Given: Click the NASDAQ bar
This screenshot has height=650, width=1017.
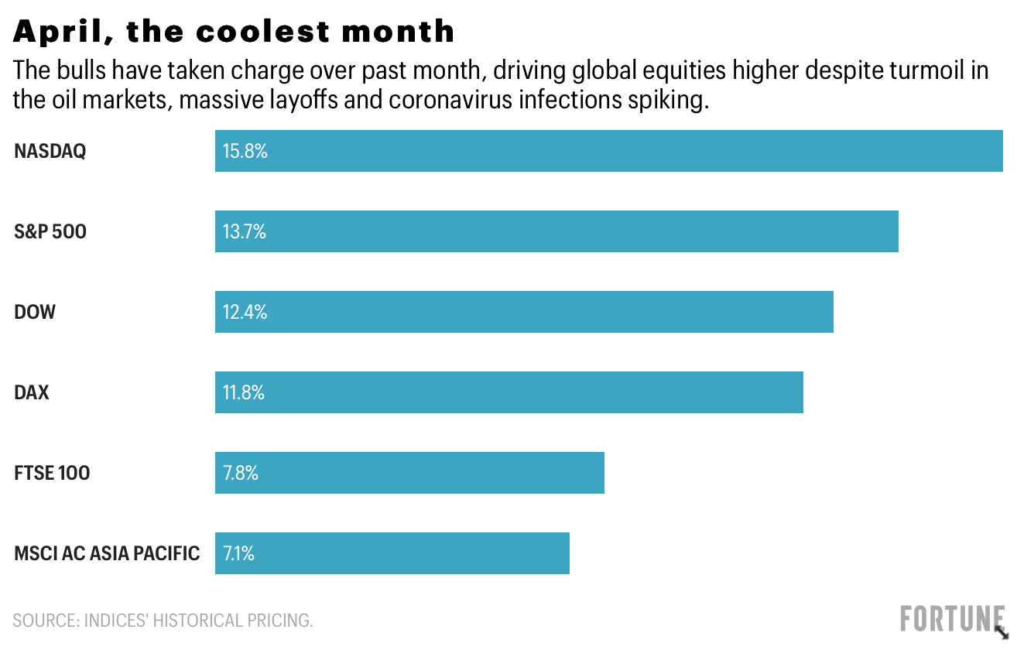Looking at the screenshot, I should [x=608, y=151].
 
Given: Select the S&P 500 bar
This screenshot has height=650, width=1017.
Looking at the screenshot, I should [x=556, y=231].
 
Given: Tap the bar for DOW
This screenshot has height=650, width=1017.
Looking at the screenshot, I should [x=524, y=312].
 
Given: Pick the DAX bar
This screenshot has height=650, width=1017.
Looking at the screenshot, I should [x=508, y=392].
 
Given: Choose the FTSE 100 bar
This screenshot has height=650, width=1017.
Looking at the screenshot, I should [x=409, y=473].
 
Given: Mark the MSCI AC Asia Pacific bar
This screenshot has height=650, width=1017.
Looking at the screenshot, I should [x=392, y=553].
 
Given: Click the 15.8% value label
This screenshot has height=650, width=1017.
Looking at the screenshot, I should [x=245, y=151].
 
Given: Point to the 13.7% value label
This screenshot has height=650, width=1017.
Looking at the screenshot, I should [x=245, y=231].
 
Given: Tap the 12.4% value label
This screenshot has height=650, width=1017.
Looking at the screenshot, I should [x=245, y=312].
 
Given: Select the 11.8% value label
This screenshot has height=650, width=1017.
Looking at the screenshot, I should [x=244, y=392].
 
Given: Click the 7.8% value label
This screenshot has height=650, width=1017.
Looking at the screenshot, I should [x=241, y=473].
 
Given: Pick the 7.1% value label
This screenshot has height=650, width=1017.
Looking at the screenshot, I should [x=239, y=553].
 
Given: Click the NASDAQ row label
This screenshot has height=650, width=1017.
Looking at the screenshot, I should [x=50, y=151].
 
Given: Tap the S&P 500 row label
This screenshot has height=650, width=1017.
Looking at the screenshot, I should [x=50, y=231].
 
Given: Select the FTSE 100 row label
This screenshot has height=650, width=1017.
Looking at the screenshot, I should [x=52, y=473].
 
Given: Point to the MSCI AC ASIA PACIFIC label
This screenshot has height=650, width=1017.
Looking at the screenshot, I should [x=107, y=553].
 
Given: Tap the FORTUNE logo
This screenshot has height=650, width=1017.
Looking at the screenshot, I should [x=951, y=619].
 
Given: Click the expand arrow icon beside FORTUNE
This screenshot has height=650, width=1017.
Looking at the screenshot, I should [x=1002, y=629].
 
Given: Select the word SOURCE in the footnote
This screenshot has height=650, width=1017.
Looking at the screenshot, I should [x=43, y=620].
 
